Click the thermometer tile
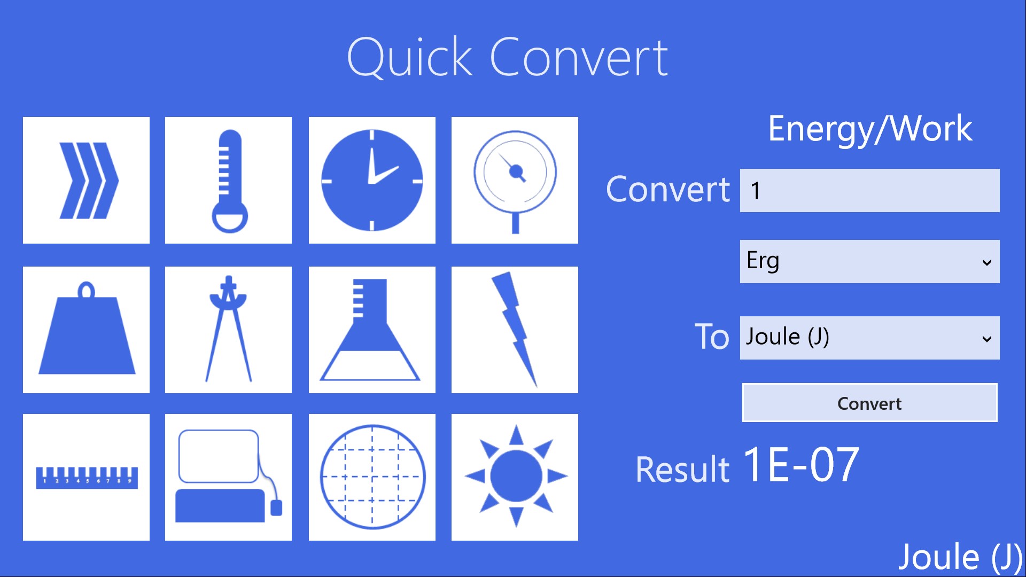point(228,180)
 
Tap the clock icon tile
point(372,180)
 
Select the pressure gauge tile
point(515,180)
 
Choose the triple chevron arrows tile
point(86,180)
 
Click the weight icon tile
point(86,330)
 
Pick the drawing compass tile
point(228,330)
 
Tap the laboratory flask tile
point(372,330)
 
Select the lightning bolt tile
point(515,330)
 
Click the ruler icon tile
point(86,477)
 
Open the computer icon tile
point(228,477)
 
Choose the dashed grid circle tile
point(372,477)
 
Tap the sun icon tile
point(515,477)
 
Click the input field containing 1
point(869,190)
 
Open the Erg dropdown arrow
point(986,262)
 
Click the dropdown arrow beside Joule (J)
point(986,339)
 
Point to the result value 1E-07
point(801,465)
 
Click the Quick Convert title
point(507,57)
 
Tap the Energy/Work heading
point(870,129)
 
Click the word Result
point(682,470)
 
